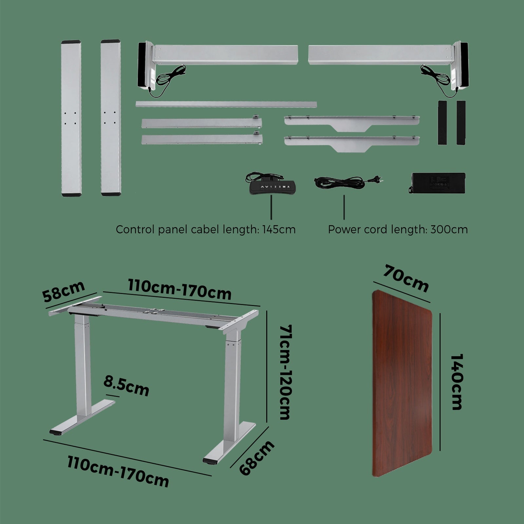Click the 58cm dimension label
pyautogui.click(x=64, y=291)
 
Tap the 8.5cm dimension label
pyautogui.click(x=126, y=386)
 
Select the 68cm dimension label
pyautogui.click(x=257, y=458)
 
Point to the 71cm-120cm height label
pyautogui.click(x=285, y=372)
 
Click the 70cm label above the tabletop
pyautogui.click(x=406, y=279)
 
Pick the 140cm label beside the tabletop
pyautogui.click(x=456, y=382)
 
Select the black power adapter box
pyautogui.click(x=437, y=183)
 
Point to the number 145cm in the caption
pyautogui.click(x=279, y=230)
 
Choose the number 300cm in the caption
pyautogui.click(x=449, y=230)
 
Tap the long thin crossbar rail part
pyautogui.click(x=226, y=104)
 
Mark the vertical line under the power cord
pyautogui.click(x=344, y=207)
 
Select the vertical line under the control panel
pyautogui.click(x=271, y=207)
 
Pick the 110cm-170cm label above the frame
pyautogui.click(x=179, y=290)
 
